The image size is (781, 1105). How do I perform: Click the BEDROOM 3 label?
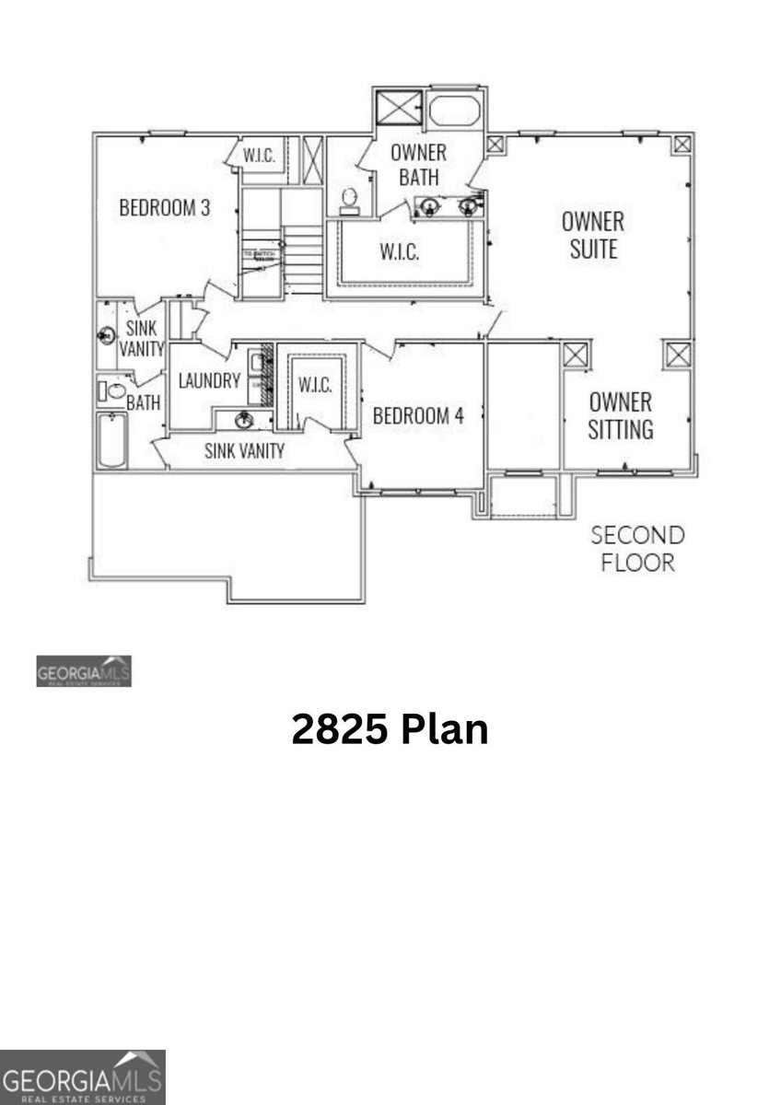165,208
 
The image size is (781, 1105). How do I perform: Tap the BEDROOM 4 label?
417,415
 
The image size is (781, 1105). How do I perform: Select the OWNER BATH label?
418,165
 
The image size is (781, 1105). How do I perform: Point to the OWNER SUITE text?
593,235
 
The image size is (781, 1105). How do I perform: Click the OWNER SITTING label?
621,415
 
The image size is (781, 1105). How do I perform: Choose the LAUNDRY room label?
209,380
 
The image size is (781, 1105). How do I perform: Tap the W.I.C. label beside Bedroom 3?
260,157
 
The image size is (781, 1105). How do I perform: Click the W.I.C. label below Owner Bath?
400,251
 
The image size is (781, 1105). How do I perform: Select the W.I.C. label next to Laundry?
315,386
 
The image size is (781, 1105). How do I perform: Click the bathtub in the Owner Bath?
455,111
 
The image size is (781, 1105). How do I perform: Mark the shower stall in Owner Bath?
398,110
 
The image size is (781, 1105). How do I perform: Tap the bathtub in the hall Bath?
112,440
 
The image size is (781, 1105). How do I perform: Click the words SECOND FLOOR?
637,549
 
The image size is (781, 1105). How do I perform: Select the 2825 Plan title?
390,729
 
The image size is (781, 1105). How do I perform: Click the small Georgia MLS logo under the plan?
84,671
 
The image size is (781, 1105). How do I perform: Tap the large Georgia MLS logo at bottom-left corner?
82,1077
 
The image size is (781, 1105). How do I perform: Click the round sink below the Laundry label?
244,422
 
